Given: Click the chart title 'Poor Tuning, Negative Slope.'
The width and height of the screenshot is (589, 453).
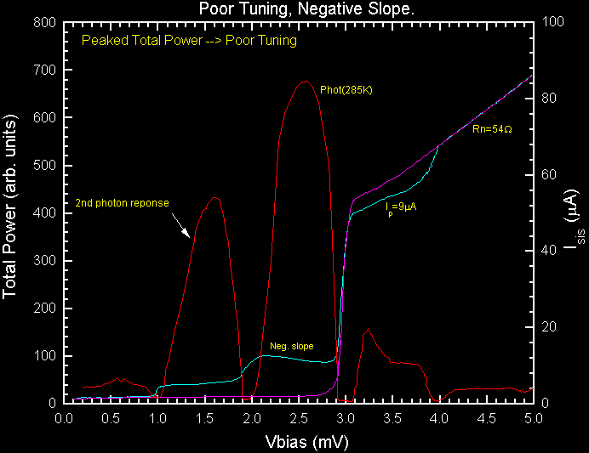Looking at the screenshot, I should pos(294,9).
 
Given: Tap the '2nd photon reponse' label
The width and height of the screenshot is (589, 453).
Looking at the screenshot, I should pos(122,203).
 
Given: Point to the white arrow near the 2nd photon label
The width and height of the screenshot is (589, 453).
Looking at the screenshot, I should pos(181,227).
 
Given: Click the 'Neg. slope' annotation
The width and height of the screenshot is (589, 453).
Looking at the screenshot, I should pos(292,346).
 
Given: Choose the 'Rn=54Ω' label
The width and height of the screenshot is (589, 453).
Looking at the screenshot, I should pos(492,129).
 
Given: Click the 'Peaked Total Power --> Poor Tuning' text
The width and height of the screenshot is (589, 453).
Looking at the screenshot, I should pos(189,41).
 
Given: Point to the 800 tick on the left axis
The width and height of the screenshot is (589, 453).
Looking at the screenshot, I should pos(45,23).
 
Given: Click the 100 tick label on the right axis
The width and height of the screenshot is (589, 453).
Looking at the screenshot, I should pos(554,23).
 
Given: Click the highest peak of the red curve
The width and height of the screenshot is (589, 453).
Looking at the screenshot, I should pos(304,82).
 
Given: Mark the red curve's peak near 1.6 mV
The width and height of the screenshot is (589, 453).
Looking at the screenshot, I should pos(214,198).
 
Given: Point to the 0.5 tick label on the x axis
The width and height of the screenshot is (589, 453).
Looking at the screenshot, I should pos(111,419).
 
